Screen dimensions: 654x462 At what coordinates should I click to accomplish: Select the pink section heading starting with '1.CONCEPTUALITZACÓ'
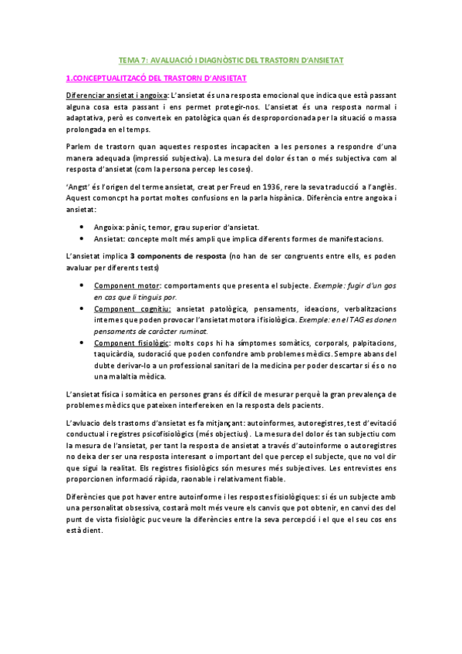[x=156, y=78]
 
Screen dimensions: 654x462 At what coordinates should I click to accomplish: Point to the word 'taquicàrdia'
[x=114, y=354]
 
